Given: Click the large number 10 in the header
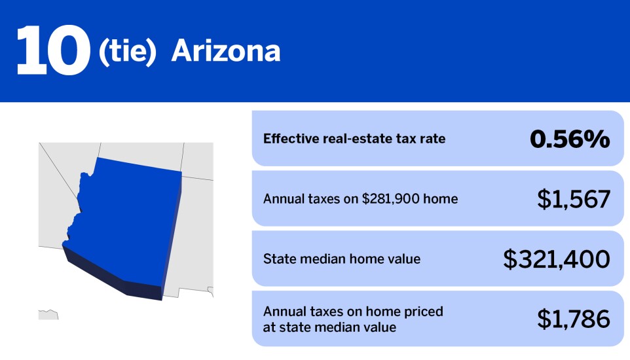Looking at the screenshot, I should click(52, 51).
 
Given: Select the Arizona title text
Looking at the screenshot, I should click(226, 52).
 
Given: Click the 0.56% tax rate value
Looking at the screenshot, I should click(569, 139).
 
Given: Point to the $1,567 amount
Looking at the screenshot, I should click(574, 199).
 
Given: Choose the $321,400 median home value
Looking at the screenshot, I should click(557, 259).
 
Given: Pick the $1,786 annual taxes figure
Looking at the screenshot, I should click(574, 319).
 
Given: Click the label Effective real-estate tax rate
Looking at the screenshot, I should click(354, 139).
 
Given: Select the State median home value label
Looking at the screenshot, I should click(342, 259).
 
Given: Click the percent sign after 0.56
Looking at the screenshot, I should click(597, 139).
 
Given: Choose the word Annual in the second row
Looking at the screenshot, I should click(283, 199).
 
